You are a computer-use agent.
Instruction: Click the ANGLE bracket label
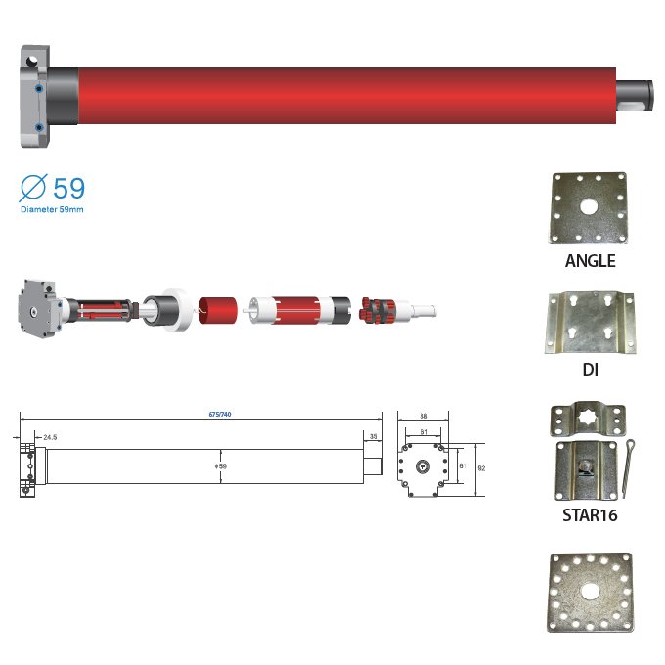click(590, 261)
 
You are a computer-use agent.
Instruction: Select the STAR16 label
click(590, 513)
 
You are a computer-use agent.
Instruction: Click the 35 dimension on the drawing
click(373, 436)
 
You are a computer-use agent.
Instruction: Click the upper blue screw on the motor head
click(38, 87)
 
